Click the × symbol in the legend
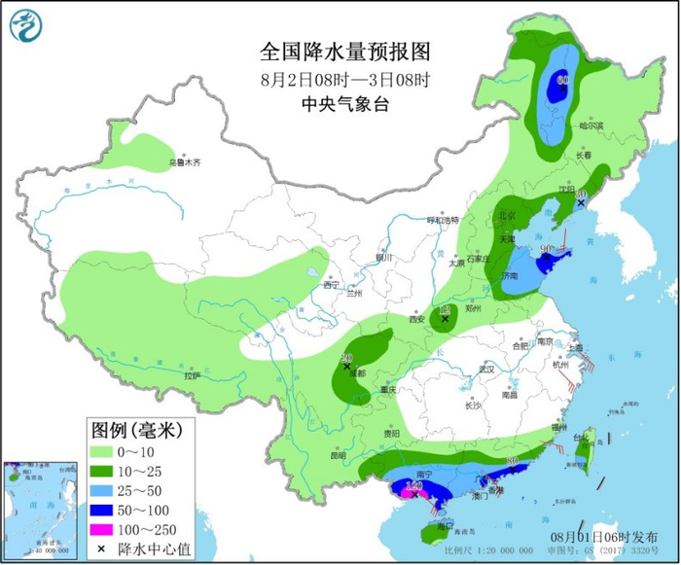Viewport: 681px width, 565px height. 103,548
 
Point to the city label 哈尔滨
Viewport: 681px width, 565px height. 591,125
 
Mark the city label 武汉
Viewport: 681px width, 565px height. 485,370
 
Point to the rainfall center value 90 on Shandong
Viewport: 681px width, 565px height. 547,250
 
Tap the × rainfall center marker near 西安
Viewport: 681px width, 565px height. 446,319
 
